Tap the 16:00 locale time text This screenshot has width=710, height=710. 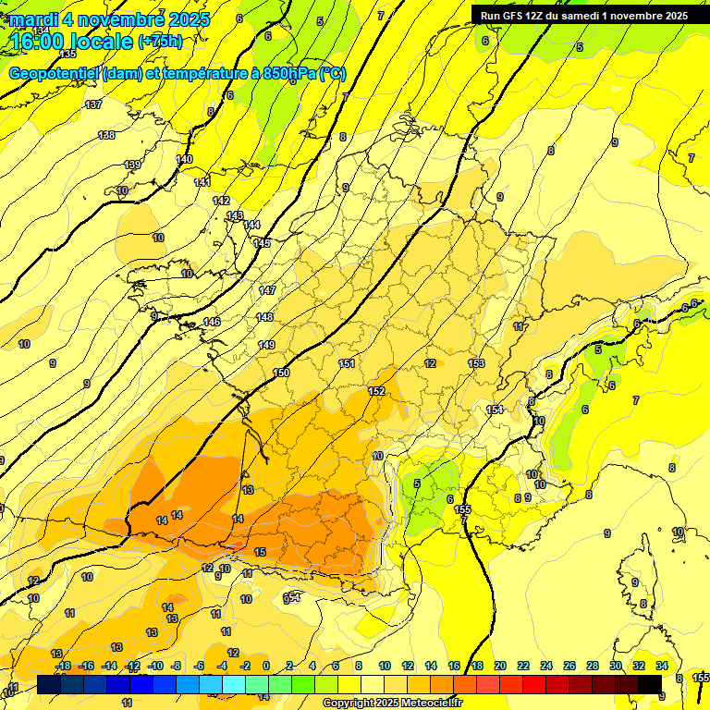(x=69, y=41)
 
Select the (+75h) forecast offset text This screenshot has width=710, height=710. (x=160, y=41)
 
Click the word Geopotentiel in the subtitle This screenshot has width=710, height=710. (x=55, y=73)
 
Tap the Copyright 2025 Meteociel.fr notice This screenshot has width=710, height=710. (x=392, y=703)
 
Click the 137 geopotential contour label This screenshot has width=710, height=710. (x=93, y=104)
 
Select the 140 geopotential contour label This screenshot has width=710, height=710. (x=184, y=159)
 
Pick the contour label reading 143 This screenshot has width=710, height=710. (x=235, y=215)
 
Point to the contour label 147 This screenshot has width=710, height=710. (x=267, y=290)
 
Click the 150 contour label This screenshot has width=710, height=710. (x=281, y=373)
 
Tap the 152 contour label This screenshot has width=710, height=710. (x=376, y=391)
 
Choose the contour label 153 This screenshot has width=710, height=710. (x=476, y=363)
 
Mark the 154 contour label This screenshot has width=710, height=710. (x=495, y=410)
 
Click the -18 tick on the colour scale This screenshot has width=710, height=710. (x=63, y=666)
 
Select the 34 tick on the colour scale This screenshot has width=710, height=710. (x=662, y=666)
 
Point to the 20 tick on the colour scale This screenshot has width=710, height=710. (x=500, y=666)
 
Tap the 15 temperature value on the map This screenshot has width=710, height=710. (x=261, y=552)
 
